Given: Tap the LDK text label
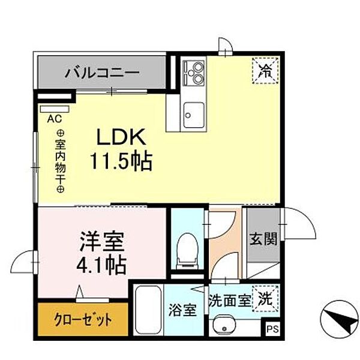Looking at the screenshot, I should tap(122, 137).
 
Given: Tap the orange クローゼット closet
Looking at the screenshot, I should tap(83, 319).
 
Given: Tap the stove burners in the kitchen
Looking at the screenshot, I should tap(194, 73).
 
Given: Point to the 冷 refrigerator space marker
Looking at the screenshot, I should tap(265, 69).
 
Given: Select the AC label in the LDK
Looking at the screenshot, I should tap(54, 118).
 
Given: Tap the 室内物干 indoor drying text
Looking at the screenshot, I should tap(61, 161).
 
